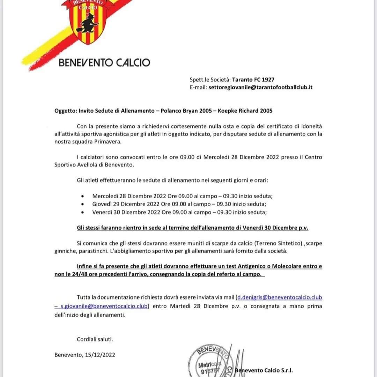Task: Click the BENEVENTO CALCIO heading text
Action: pyautogui.click(x=104, y=63)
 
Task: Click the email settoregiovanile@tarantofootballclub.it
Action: pyautogui.click(x=260, y=87)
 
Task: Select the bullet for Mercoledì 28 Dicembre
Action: pyautogui.click(x=82, y=197)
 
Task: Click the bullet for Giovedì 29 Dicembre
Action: pyautogui.click(x=82, y=205)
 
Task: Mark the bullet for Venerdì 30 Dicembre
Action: pyautogui.click(x=82, y=213)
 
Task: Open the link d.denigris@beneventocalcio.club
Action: pyautogui.click(x=280, y=297)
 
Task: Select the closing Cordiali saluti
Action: pyautogui.click(x=95, y=339)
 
